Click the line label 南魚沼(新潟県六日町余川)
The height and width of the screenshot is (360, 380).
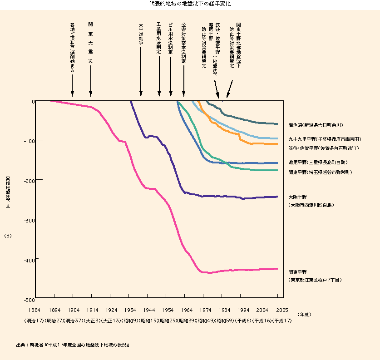[315, 125]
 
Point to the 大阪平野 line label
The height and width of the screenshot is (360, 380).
[298, 197]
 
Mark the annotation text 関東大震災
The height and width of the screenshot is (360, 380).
[90, 43]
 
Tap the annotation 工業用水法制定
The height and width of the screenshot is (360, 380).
[158, 38]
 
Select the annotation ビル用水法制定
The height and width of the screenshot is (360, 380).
[171, 38]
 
